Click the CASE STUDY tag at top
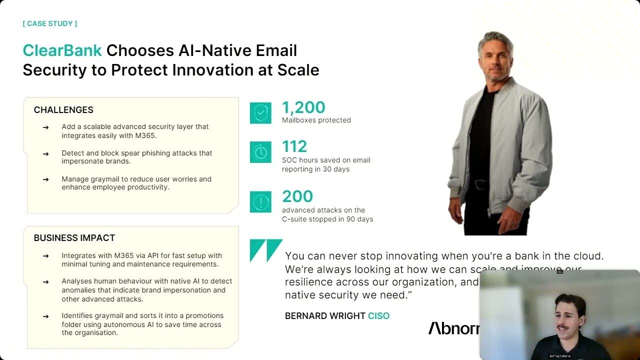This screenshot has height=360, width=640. pos(50,23)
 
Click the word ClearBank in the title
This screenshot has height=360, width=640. pos(62,50)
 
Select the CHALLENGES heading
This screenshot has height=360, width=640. pos(63,110)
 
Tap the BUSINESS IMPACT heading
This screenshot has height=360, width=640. pos(74,238)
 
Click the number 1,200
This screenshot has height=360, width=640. pos(303,107)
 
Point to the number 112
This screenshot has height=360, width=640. pos(294,146)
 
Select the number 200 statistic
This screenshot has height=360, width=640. pos(297,196)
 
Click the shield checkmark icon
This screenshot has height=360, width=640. pos(260,113)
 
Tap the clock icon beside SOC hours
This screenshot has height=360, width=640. pos(260,152)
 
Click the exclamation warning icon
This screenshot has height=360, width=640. pos(260,202)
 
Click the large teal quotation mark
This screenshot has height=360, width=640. pos(266,250)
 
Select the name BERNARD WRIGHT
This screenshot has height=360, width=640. pos(325,316)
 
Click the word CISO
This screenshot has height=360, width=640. pos(378,316)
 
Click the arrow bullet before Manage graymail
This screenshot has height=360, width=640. pos(45,179)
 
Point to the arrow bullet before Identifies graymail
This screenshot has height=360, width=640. pos(45,316)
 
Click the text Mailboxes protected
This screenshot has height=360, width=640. pos(316,120)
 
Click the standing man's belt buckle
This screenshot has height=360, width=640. pos(481,184)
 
